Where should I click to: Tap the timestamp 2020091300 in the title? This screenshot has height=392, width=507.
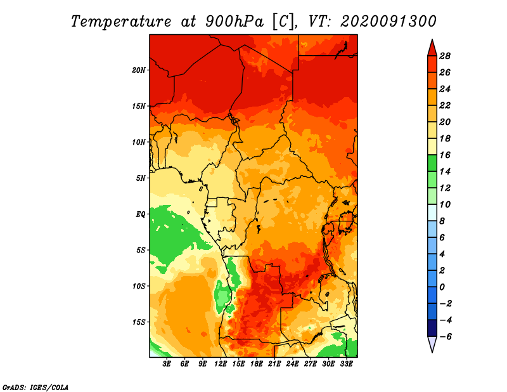(x=388, y=21)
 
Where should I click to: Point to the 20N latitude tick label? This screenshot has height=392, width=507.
(x=139, y=70)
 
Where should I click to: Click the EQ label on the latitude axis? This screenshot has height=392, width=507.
(x=140, y=214)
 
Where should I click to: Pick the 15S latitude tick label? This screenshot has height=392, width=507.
(x=139, y=322)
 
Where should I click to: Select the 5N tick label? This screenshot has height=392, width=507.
(x=141, y=178)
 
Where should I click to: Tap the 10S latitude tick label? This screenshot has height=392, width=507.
(x=139, y=286)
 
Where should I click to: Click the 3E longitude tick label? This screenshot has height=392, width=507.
(x=167, y=364)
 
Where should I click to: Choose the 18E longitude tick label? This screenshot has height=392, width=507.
(x=257, y=364)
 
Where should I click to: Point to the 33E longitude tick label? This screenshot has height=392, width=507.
(x=347, y=364)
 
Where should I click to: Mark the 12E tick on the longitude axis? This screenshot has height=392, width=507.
(x=221, y=364)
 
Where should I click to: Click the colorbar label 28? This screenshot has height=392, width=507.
(x=445, y=56)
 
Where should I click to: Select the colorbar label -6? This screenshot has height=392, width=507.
(x=445, y=336)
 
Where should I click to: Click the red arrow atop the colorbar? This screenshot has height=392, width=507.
(x=432, y=48)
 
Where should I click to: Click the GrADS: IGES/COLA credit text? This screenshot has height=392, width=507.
(x=35, y=386)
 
